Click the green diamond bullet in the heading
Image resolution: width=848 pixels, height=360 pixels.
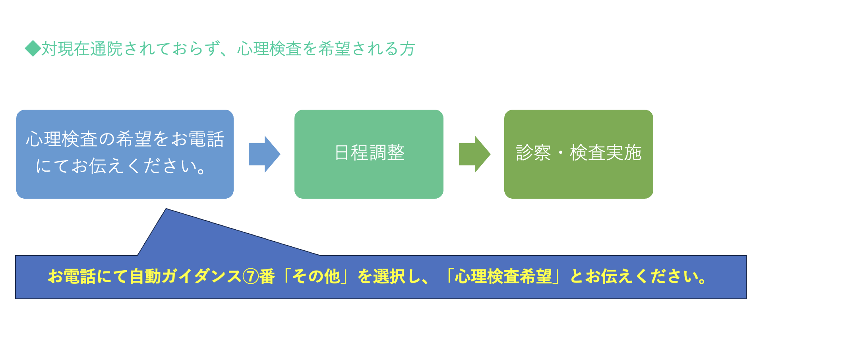point(33,48)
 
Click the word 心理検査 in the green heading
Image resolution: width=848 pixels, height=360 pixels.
point(269,49)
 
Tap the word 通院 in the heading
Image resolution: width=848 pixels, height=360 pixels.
point(106,49)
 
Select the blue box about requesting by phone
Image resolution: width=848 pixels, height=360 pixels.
point(125,154)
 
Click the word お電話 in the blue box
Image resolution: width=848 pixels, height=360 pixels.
point(197,139)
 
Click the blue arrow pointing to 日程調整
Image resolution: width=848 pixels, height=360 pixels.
point(265,154)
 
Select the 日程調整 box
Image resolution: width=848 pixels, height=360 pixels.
point(369,154)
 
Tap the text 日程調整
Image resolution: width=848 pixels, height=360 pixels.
point(370,153)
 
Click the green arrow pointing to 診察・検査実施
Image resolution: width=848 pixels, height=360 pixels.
point(475,154)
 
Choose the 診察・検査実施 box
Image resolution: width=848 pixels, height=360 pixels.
point(579,154)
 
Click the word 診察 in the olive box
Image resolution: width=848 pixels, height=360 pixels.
point(533,153)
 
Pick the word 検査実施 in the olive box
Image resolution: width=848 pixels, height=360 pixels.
point(606,153)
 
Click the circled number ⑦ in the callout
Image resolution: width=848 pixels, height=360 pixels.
point(251,277)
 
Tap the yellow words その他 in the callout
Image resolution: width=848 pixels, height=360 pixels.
point(316,277)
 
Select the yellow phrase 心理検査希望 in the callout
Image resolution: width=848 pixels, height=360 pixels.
point(503,277)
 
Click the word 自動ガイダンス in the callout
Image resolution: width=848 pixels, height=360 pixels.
point(186,277)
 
